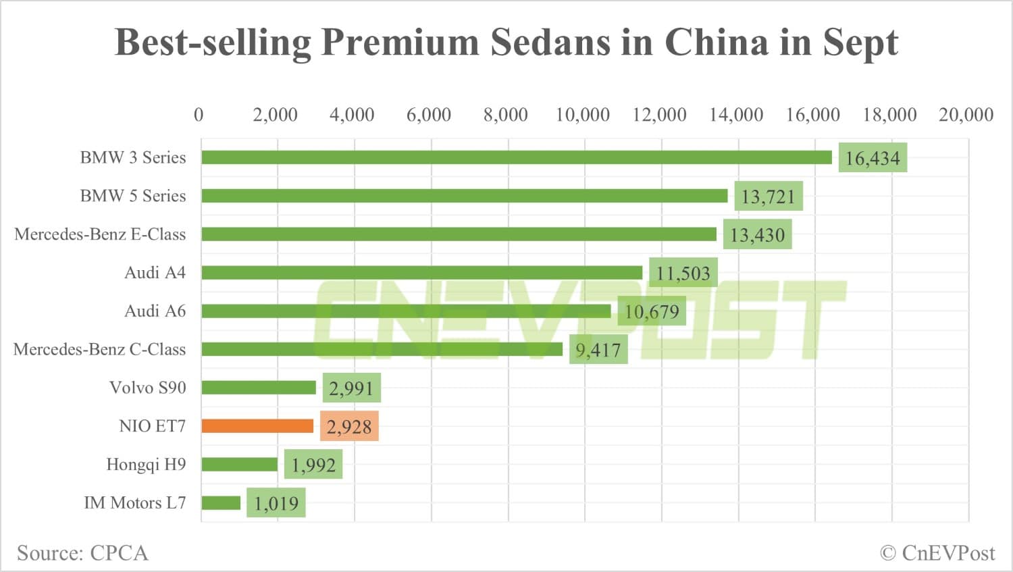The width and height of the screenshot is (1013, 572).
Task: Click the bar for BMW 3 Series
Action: (516, 157)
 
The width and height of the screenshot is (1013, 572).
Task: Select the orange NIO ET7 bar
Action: (257, 426)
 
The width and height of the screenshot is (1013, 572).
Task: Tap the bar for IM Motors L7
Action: (221, 503)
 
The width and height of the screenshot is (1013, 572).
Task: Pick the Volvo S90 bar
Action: (259, 388)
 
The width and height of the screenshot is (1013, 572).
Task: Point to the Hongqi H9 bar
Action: (239, 465)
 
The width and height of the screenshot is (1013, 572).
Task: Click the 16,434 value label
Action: (873, 158)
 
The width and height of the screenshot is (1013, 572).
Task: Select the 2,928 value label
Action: (349, 427)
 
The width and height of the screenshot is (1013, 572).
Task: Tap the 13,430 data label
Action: (757, 235)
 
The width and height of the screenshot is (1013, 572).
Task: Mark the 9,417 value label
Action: (598, 350)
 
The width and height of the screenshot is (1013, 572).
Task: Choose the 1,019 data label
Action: (276, 503)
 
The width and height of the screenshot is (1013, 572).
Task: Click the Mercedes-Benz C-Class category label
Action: (99, 349)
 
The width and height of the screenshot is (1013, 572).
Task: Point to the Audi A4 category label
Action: (155, 273)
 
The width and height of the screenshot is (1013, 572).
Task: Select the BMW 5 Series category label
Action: (132, 196)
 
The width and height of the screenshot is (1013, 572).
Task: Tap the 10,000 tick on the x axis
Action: (582, 115)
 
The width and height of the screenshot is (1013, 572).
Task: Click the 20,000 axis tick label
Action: (966, 115)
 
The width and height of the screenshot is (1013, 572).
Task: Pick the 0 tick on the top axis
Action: (199, 115)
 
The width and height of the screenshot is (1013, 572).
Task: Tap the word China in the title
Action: (717, 43)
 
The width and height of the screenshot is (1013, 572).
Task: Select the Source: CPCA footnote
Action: (82, 553)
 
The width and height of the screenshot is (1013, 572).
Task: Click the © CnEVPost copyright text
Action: (937, 553)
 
